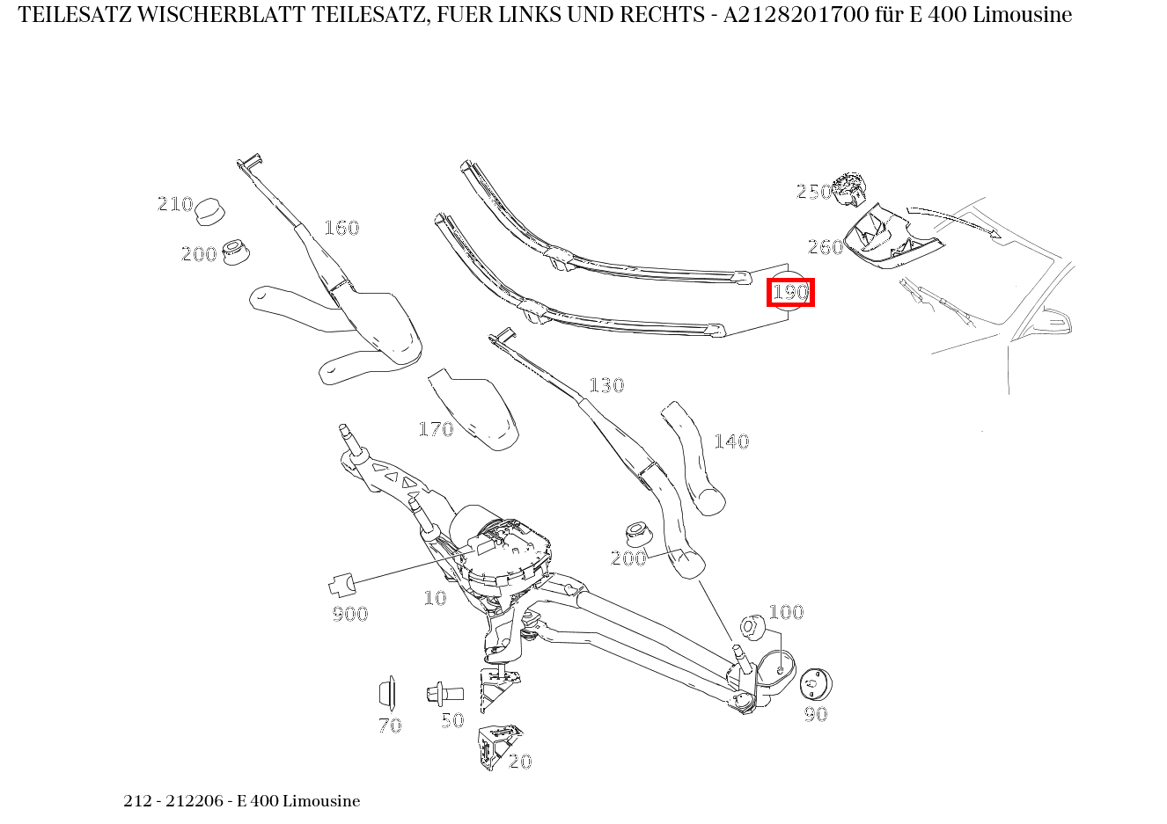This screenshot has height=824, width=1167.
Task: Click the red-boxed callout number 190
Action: tap(789, 292)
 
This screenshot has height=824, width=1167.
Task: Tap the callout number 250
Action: tap(814, 192)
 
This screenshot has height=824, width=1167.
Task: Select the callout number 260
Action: tap(826, 247)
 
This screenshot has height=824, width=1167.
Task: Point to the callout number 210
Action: tap(175, 203)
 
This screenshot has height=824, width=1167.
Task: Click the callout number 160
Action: tap(341, 228)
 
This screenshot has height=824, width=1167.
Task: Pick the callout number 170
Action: tap(436, 429)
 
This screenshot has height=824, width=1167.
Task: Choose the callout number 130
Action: tap(606, 385)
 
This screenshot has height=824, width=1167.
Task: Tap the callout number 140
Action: tap(731, 441)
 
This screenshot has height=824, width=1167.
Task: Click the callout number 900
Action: tap(350, 614)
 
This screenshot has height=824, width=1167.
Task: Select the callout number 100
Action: tap(786, 611)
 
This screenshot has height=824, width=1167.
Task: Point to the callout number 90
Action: tap(816, 714)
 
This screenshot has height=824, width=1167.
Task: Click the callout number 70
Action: tap(390, 726)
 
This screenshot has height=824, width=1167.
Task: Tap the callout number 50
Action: tap(452, 720)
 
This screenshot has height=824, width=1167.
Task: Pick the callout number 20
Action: tap(520, 762)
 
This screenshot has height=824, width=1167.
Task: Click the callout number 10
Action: tap(435, 598)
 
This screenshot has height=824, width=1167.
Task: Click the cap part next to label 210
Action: tap(210, 211)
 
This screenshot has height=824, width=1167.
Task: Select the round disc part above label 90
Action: tap(816, 684)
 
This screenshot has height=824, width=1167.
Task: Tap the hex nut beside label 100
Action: tap(752, 627)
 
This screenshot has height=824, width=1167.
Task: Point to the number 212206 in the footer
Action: tap(194, 800)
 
